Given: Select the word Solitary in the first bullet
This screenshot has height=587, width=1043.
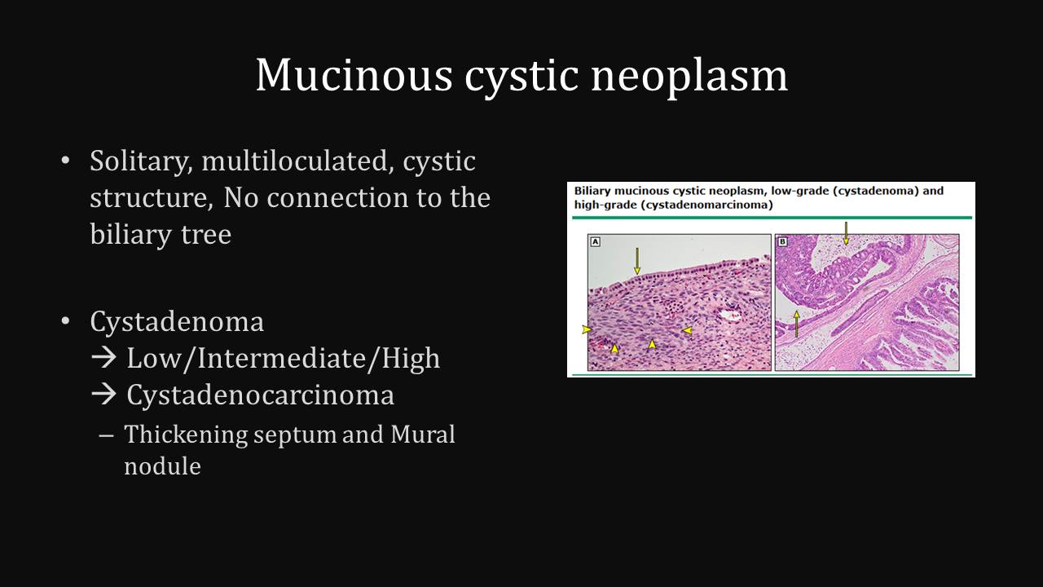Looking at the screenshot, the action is click(141, 161).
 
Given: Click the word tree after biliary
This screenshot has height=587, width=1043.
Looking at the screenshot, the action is click(206, 234).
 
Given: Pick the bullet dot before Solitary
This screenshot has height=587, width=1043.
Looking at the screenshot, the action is click(65, 161).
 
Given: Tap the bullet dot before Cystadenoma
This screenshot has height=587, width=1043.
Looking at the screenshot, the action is click(65, 321).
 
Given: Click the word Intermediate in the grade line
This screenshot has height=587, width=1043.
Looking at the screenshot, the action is click(282, 358).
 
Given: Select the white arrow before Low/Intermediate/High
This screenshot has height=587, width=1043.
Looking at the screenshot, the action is click(103, 358).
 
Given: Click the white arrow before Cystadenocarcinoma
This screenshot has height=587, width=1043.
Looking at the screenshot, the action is click(103, 395).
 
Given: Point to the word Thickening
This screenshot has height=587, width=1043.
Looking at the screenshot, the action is click(187, 435).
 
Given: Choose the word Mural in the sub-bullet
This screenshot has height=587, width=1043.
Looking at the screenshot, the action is click(422, 435).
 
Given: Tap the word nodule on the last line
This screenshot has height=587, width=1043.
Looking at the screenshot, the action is click(162, 466).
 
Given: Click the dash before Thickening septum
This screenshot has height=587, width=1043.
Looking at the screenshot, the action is click(106, 435).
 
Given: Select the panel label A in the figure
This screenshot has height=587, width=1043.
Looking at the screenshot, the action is click(595, 242).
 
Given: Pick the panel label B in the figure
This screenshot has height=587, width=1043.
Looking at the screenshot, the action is click(783, 242).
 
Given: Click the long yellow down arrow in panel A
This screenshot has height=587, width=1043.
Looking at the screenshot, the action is click(637, 261).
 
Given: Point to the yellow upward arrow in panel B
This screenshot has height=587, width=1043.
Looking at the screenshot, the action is click(796, 324).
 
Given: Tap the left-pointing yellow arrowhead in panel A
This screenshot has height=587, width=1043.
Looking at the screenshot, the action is click(687, 330).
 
